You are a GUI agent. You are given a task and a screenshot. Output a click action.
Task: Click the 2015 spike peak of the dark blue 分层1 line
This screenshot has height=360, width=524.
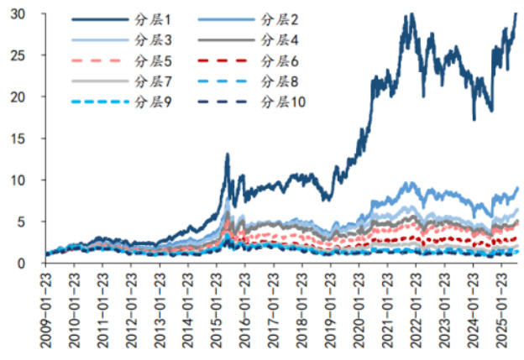(x=227, y=155)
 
